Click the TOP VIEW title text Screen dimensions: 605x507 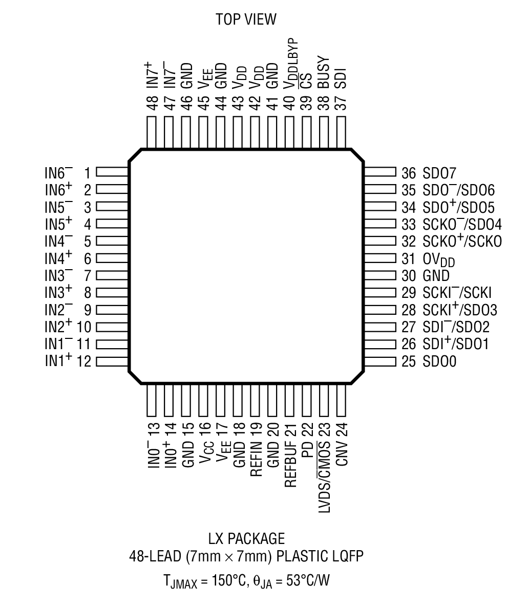tap(246, 19)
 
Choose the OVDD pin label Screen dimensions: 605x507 tap(439, 260)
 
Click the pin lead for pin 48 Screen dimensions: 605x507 tap(151, 133)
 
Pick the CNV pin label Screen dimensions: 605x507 tap(342, 453)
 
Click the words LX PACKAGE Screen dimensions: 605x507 tap(246, 539)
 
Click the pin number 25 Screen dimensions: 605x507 tap(408, 362)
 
